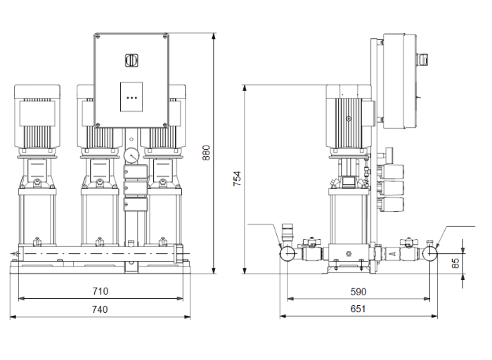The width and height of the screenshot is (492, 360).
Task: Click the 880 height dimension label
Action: point(206,153)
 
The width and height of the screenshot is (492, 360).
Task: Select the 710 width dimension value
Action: point(100,291)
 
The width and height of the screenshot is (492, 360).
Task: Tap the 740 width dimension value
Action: point(100,309)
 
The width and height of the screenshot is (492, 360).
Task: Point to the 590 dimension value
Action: point(359,291)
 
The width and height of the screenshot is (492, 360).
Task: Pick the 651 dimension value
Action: point(359,309)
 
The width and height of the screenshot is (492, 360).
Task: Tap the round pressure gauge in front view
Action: point(131,155)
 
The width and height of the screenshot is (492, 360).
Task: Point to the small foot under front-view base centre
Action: point(131,268)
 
